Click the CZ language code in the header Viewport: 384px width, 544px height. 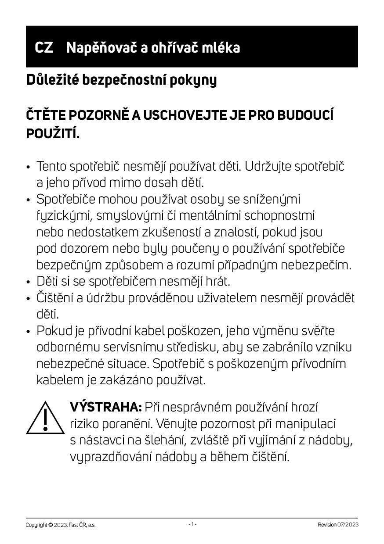coord(44,47)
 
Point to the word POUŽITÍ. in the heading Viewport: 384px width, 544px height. coord(53,133)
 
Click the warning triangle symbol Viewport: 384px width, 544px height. coord(45,418)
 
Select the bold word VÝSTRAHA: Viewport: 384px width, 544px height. coord(105,407)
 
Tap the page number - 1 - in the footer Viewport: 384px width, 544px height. coord(192,524)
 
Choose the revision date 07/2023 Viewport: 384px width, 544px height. coord(348,525)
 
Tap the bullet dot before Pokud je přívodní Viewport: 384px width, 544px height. coord(29,332)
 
